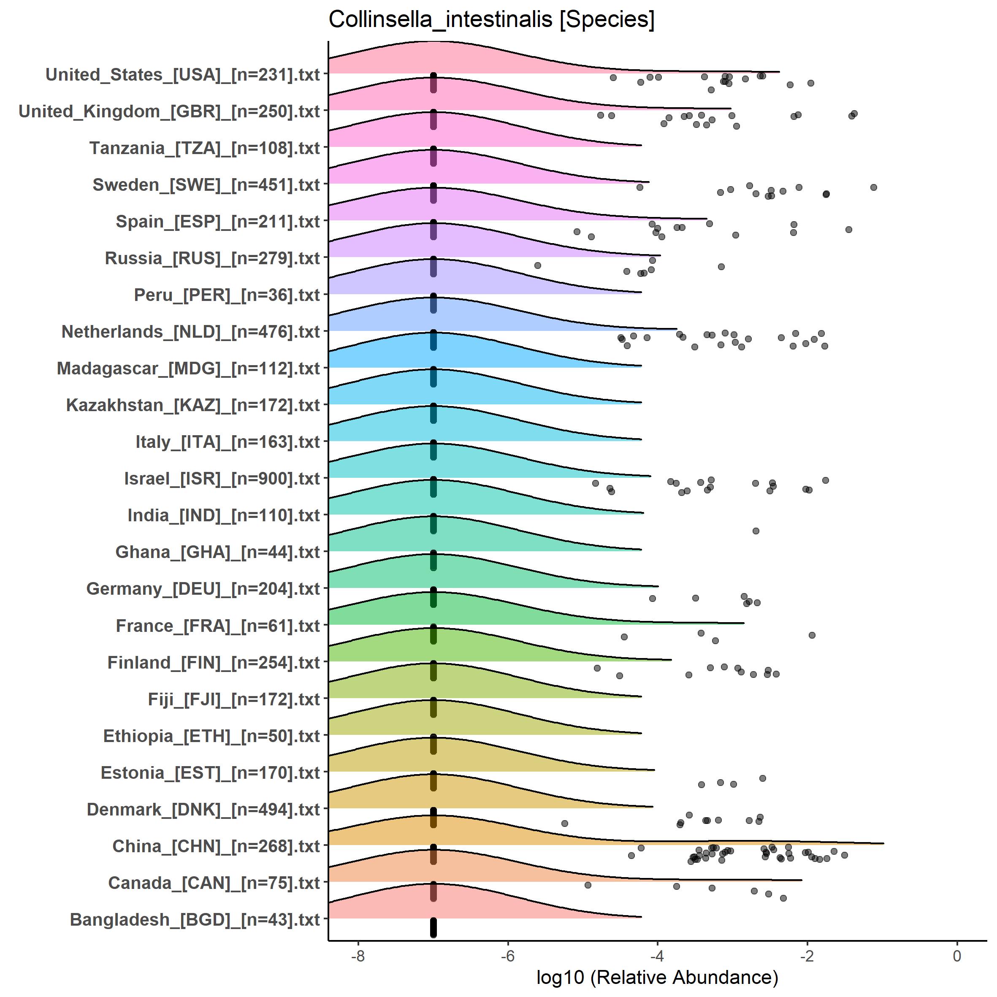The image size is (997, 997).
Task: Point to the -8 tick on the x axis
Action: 358,956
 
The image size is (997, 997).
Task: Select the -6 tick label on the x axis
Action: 508,956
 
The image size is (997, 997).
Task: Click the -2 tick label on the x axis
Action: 807,956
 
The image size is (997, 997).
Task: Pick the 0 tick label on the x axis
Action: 957,956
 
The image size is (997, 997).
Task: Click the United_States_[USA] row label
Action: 183,75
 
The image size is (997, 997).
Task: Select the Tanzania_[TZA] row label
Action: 205,149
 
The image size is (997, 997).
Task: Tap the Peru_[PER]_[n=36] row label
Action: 227,295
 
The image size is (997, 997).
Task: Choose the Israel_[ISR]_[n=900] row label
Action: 222,479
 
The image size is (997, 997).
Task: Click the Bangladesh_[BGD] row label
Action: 195,920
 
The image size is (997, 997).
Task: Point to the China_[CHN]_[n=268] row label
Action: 216,846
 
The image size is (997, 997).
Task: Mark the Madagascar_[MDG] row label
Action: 188,369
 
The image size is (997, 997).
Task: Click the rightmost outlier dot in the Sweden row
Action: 874,187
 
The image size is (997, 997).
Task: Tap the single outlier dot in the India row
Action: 756,531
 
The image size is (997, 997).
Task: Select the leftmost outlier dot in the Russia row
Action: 538,265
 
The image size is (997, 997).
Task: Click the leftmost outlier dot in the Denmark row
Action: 564,823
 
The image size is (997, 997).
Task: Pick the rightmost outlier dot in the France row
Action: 812,635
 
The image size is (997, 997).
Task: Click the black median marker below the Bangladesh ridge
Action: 433,927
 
